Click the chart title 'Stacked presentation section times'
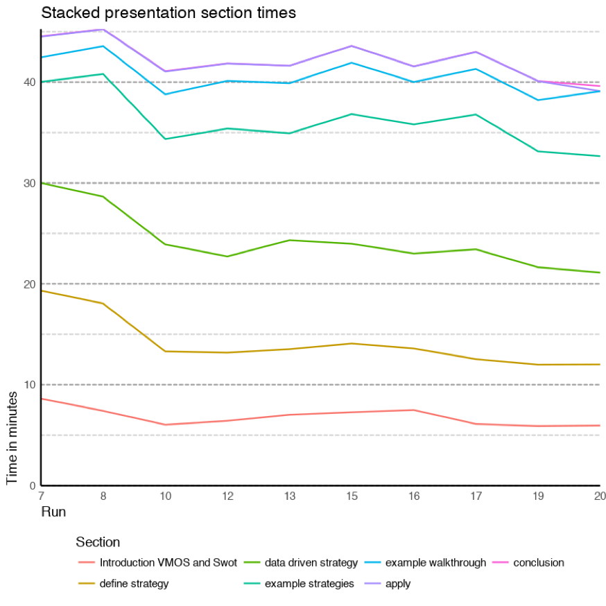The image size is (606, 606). pos(168,12)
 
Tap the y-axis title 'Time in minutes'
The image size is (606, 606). pos(12,437)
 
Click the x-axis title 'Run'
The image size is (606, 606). pos(53,511)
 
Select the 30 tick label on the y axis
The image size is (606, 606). pos(28,183)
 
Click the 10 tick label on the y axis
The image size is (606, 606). pos(28,385)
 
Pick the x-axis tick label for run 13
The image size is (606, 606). pos(290,496)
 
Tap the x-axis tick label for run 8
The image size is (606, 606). pos(103,496)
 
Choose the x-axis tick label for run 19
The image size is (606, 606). pos(538,496)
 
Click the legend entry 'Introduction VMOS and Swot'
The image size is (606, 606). pos(168,562)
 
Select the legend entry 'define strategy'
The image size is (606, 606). pos(134,584)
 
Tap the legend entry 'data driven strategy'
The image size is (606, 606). pos(311,562)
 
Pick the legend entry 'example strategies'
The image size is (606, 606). pos(309,584)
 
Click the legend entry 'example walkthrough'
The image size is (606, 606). pos(435,562)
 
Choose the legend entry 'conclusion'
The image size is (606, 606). pos(538,562)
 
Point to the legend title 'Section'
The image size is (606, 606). pos(98,542)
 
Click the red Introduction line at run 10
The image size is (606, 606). pos(166,424)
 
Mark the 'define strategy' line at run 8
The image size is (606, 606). pos(103,303)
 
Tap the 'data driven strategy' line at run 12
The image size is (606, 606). pos(227,257)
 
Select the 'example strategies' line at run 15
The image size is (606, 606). pos(352,114)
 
